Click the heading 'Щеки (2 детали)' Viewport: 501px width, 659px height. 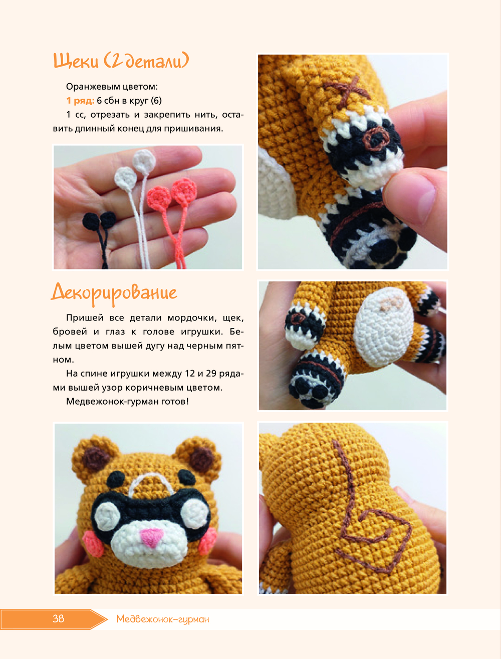(x=121, y=61)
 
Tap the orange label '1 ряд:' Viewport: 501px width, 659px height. (x=80, y=101)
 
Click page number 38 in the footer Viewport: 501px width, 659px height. (x=58, y=618)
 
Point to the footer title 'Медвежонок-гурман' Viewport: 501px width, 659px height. (x=163, y=619)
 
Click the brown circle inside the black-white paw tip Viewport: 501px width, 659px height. (x=375, y=139)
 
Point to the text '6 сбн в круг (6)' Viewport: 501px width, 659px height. (x=129, y=101)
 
